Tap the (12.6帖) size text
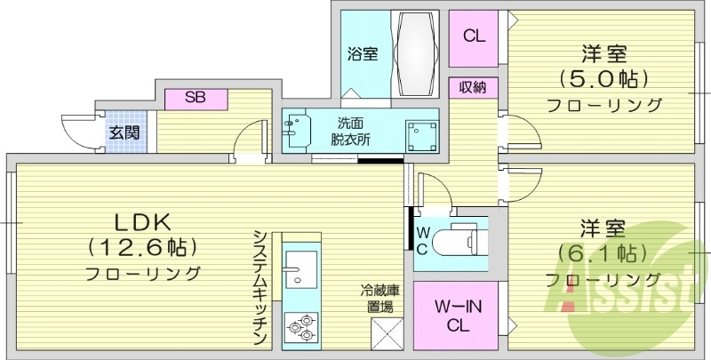click(142, 245)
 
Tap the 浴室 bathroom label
click(363, 53)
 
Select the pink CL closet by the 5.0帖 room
click(474, 36)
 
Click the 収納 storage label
click(473, 88)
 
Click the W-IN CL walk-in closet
click(457, 316)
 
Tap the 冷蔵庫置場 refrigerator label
click(378, 299)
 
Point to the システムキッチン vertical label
click(260, 288)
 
